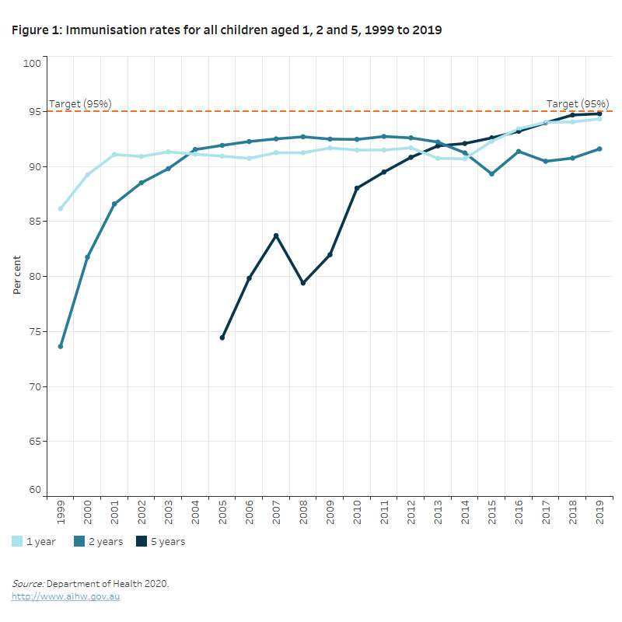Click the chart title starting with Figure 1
[227, 30]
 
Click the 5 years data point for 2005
[222, 337]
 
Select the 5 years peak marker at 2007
[276, 236]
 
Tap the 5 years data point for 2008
[303, 283]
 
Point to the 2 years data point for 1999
[61, 346]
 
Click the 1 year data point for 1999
[61, 208]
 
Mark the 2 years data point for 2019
[599, 149]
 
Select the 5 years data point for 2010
[357, 188]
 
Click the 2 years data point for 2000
[87, 257]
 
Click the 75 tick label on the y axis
[34, 331]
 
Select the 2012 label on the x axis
[411, 512]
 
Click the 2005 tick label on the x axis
[222, 512]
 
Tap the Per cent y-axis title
[17, 276]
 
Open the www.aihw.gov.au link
[65, 596]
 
